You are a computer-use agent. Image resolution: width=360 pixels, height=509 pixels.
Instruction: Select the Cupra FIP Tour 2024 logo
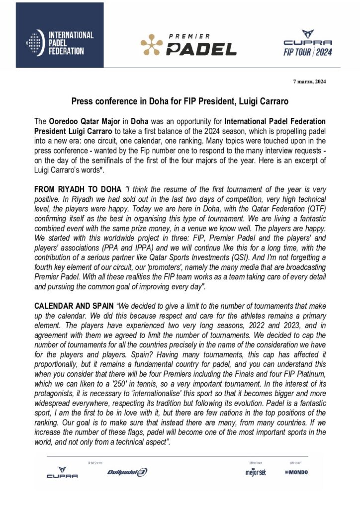(308, 43)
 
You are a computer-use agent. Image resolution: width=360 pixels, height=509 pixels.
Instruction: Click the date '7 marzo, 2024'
(309, 82)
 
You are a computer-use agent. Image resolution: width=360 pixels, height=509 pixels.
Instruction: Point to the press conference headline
(180, 101)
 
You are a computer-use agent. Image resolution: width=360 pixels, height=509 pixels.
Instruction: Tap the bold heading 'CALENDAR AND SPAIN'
(74, 306)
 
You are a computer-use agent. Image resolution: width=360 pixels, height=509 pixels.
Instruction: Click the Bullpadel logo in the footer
(127, 472)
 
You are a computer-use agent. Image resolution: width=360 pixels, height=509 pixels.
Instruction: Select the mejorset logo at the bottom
(256, 472)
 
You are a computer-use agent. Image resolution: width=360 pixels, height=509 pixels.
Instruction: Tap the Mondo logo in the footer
(296, 472)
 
